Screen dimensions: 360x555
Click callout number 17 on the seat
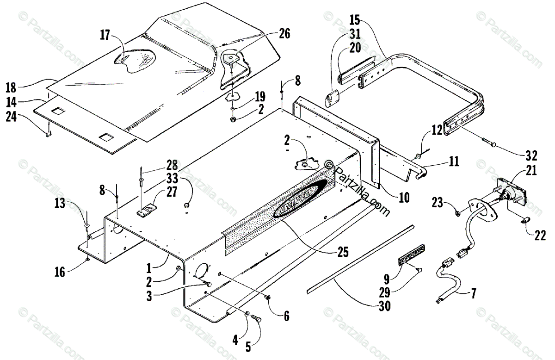(x=106, y=34)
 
